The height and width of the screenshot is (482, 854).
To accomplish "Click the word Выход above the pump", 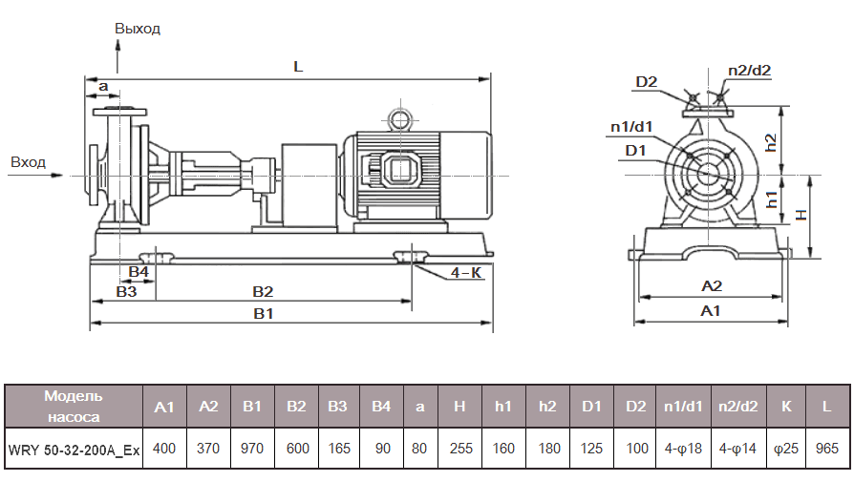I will [138, 29].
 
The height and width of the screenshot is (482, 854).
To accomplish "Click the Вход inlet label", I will [28, 161].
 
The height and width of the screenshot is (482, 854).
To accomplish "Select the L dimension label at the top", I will [298, 67].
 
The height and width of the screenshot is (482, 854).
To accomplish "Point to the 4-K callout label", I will [466, 272].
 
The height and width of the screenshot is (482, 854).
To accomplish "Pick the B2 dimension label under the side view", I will [263, 290].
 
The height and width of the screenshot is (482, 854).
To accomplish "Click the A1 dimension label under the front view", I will [710, 310].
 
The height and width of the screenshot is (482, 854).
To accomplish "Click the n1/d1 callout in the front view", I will [631, 126].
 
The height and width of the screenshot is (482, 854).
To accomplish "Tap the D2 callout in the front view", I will [647, 82].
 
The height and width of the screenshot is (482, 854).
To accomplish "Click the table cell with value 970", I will [252, 449].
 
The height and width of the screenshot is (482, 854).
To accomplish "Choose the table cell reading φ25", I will [786, 449].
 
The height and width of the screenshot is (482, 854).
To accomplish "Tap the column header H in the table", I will [459, 407].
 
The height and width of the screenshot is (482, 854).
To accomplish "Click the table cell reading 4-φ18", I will [684, 449].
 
